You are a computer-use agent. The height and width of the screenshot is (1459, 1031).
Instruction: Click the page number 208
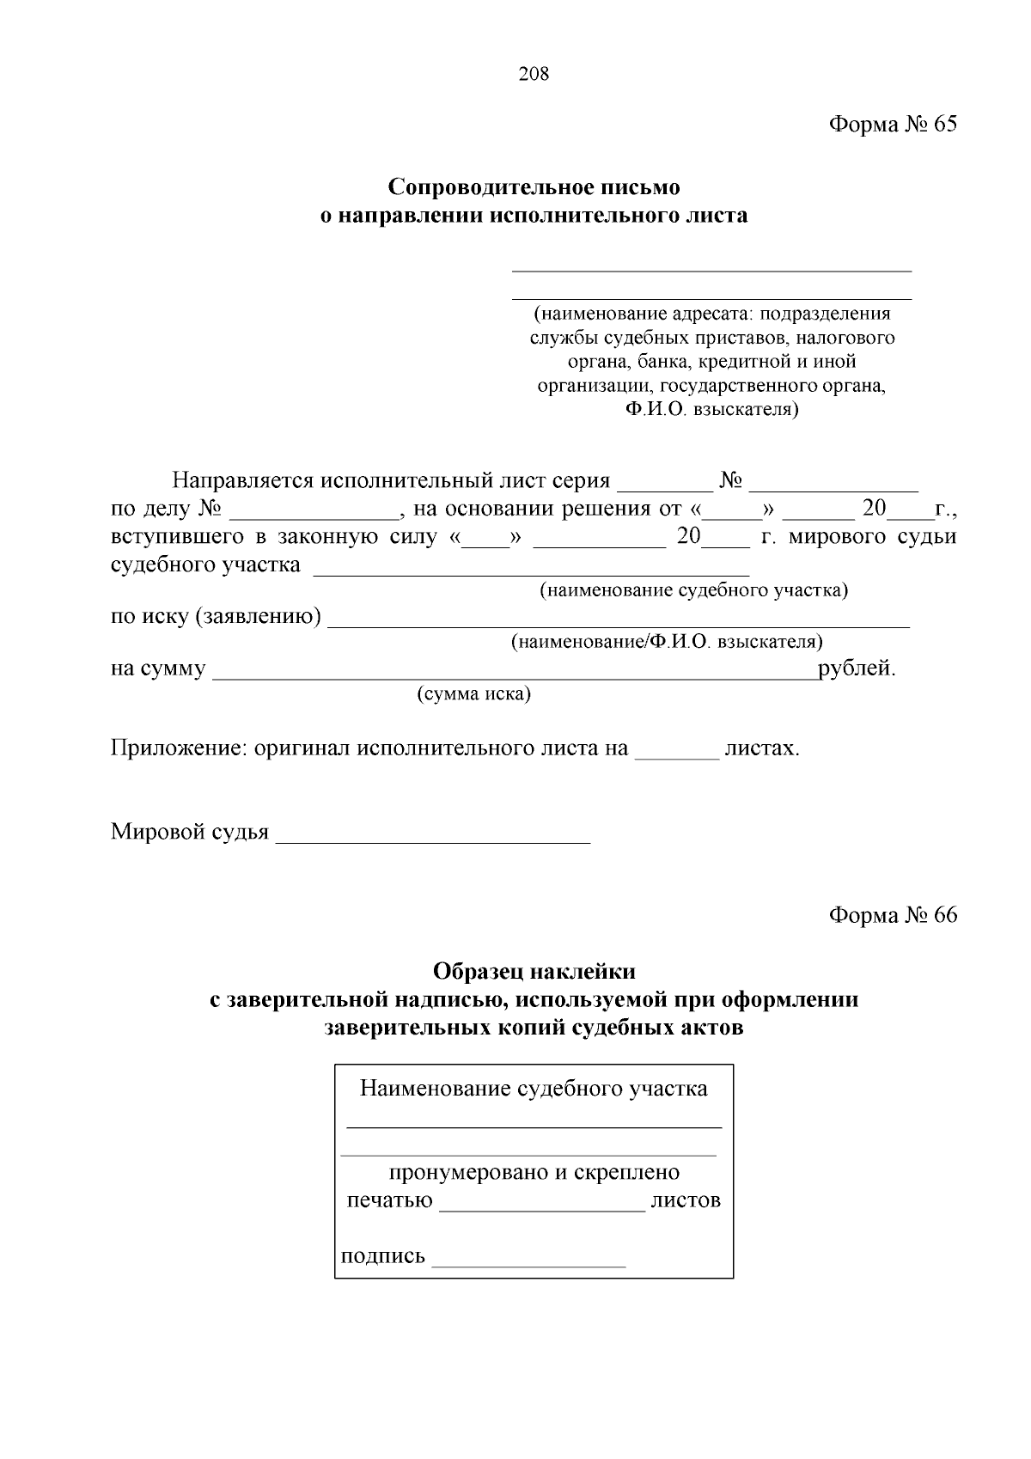(534, 74)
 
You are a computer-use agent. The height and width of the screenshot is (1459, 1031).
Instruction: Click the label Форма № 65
(892, 125)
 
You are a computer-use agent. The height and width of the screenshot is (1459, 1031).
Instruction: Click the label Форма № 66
(892, 915)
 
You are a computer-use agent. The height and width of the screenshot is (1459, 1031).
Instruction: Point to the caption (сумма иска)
(473, 694)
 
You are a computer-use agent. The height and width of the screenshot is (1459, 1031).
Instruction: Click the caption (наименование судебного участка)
(693, 591)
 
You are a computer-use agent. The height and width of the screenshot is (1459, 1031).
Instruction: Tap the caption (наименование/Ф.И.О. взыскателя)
(667, 642)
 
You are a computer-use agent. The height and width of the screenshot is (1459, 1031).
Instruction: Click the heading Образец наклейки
(534, 972)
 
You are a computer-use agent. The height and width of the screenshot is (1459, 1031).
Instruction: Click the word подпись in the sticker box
(383, 1256)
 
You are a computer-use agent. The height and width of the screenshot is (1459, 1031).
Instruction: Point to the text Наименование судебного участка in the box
(534, 1090)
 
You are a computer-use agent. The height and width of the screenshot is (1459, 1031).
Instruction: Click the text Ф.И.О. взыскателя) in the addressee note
(711, 410)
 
